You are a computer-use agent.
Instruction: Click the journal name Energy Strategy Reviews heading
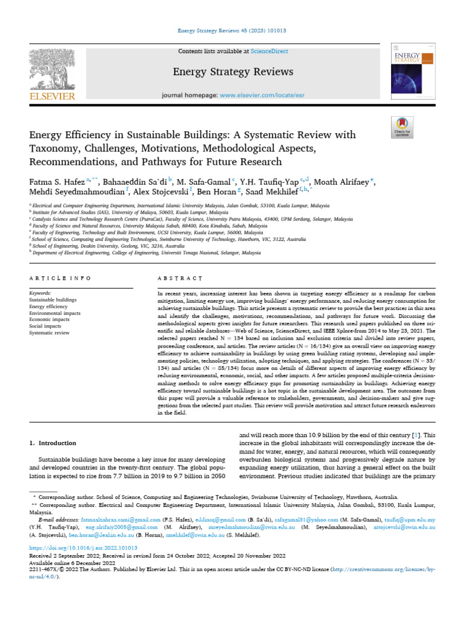click(x=233, y=72)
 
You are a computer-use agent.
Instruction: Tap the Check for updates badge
click(x=402, y=129)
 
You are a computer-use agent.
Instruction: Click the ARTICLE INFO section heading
click(x=60, y=278)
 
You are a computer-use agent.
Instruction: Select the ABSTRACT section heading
click(x=179, y=278)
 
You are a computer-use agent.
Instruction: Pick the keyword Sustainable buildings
click(x=53, y=300)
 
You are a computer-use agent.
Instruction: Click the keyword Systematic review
click(x=49, y=333)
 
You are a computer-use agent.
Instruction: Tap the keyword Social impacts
click(x=45, y=326)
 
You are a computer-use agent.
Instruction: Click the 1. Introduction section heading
click(x=53, y=443)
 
